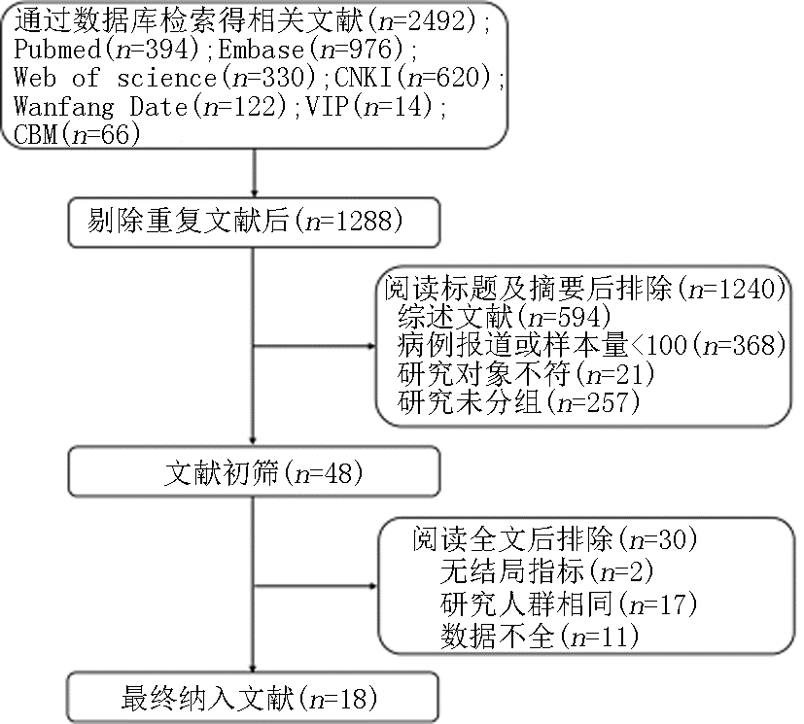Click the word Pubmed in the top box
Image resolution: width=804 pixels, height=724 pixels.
click(x=57, y=50)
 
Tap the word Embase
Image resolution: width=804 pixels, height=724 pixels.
click(x=262, y=50)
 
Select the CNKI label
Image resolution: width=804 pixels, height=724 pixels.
click(x=364, y=78)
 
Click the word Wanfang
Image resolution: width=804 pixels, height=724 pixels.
click(x=64, y=107)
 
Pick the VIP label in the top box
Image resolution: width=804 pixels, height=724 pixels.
click(x=327, y=106)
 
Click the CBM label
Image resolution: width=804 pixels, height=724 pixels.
click(x=35, y=135)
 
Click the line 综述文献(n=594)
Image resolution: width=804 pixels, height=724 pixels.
click(x=505, y=317)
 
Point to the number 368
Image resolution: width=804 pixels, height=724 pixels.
click(x=753, y=345)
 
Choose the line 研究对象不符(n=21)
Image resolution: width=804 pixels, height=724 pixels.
click(x=526, y=374)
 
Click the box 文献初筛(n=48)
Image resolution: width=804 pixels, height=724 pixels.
click(x=255, y=472)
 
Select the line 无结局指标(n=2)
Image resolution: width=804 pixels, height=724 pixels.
click(x=546, y=570)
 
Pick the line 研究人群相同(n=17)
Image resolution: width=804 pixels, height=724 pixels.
click(x=569, y=604)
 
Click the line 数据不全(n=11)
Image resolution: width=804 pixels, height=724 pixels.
click(x=540, y=637)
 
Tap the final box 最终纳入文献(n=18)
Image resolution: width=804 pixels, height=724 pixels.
click(x=253, y=698)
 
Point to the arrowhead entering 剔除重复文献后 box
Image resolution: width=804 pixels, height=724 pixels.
click(x=254, y=193)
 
